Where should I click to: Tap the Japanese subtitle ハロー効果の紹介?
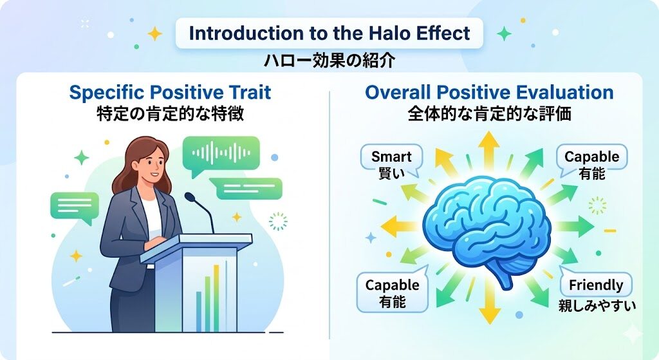329,61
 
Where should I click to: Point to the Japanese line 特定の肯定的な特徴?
170,113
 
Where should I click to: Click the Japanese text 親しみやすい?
597,305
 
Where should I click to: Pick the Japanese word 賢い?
391,173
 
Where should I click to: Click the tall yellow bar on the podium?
216,298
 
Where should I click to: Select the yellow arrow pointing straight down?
489,302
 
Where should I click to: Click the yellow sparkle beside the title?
154,33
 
